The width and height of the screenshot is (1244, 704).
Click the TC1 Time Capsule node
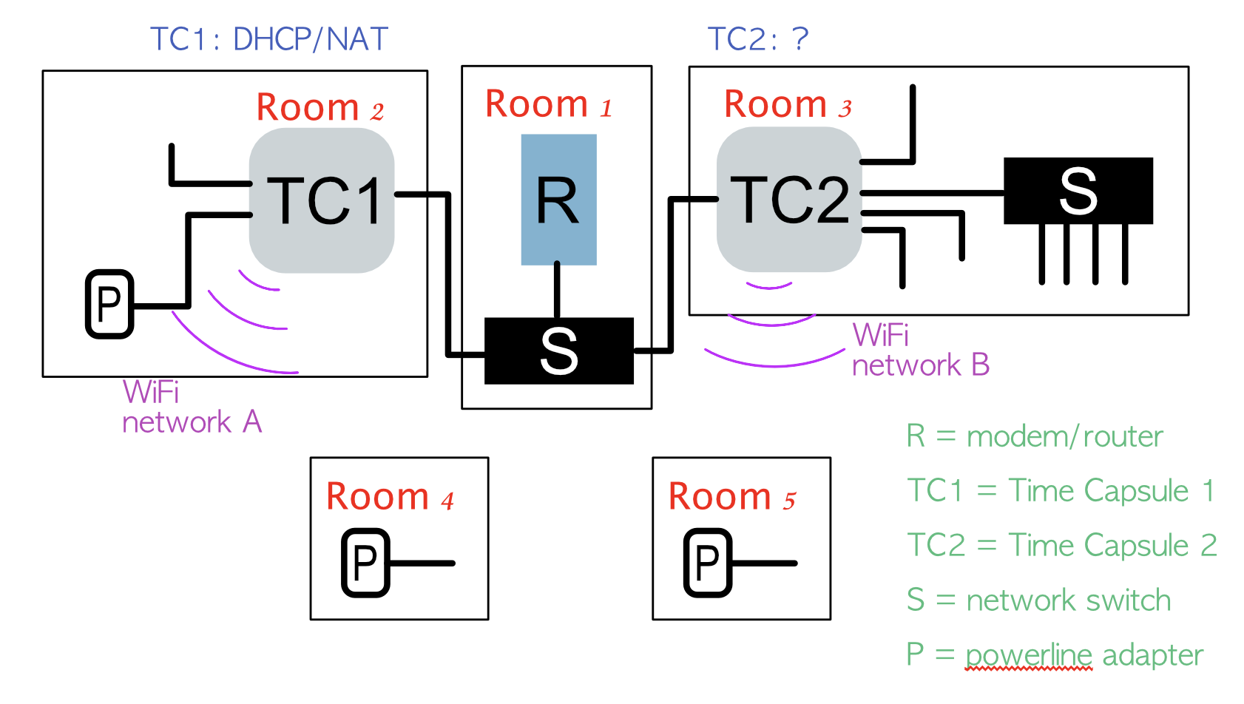[322, 200]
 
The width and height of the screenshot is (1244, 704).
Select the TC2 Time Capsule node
[789, 200]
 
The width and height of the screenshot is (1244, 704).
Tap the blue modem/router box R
[558, 200]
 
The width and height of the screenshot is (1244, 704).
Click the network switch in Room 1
[558, 351]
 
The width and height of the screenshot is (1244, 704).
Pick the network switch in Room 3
[1078, 191]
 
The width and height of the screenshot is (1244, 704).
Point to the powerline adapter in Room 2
[109, 304]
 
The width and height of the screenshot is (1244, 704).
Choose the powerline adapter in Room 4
[365, 563]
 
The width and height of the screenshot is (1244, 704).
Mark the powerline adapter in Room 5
[708, 563]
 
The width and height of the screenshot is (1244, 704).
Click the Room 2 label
[320, 108]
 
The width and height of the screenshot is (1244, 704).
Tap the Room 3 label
[788, 104]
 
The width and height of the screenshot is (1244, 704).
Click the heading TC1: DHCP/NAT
[269, 39]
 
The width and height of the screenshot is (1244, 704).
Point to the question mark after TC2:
[800, 39]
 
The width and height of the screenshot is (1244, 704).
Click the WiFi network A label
[191, 407]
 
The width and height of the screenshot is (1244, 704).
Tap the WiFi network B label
[920, 350]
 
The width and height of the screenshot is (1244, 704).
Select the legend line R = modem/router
[1034, 436]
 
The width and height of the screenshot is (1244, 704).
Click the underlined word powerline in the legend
[1028, 655]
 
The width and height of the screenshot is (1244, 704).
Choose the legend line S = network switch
[1038, 600]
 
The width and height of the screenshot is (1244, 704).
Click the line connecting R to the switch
[557, 291]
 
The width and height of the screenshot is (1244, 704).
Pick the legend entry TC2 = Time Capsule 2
[1061, 545]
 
